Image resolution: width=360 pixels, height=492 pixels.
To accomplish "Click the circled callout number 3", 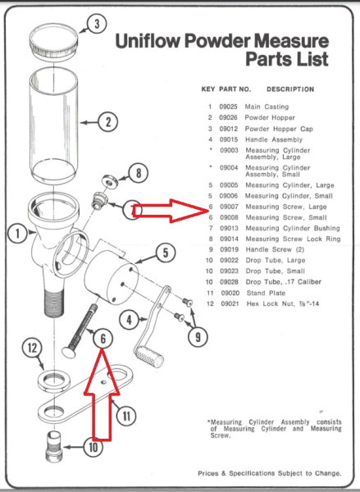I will [x=96, y=24].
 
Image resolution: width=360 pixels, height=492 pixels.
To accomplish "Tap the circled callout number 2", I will [x=107, y=123].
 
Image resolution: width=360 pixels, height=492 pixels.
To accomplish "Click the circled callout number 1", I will [x=16, y=234].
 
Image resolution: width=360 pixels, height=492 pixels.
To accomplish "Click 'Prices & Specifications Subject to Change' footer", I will [x=269, y=474].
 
